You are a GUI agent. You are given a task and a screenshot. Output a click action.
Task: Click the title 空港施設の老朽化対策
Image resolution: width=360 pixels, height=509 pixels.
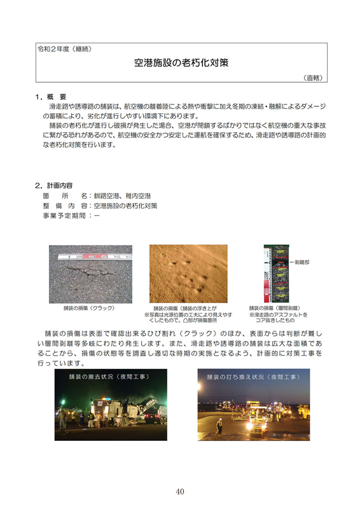click(x=181, y=64)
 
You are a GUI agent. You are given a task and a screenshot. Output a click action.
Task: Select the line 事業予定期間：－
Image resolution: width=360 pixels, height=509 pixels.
click(x=71, y=216)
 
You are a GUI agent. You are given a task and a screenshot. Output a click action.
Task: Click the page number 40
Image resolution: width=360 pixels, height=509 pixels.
click(x=180, y=491)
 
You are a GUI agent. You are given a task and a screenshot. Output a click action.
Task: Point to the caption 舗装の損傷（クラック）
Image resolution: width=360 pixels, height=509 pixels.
click(x=89, y=308)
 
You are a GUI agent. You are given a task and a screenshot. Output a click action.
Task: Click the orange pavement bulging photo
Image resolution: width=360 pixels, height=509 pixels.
click(x=188, y=274)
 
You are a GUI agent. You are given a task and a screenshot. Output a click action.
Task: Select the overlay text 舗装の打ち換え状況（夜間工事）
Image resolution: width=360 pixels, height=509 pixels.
click(x=246, y=377)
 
